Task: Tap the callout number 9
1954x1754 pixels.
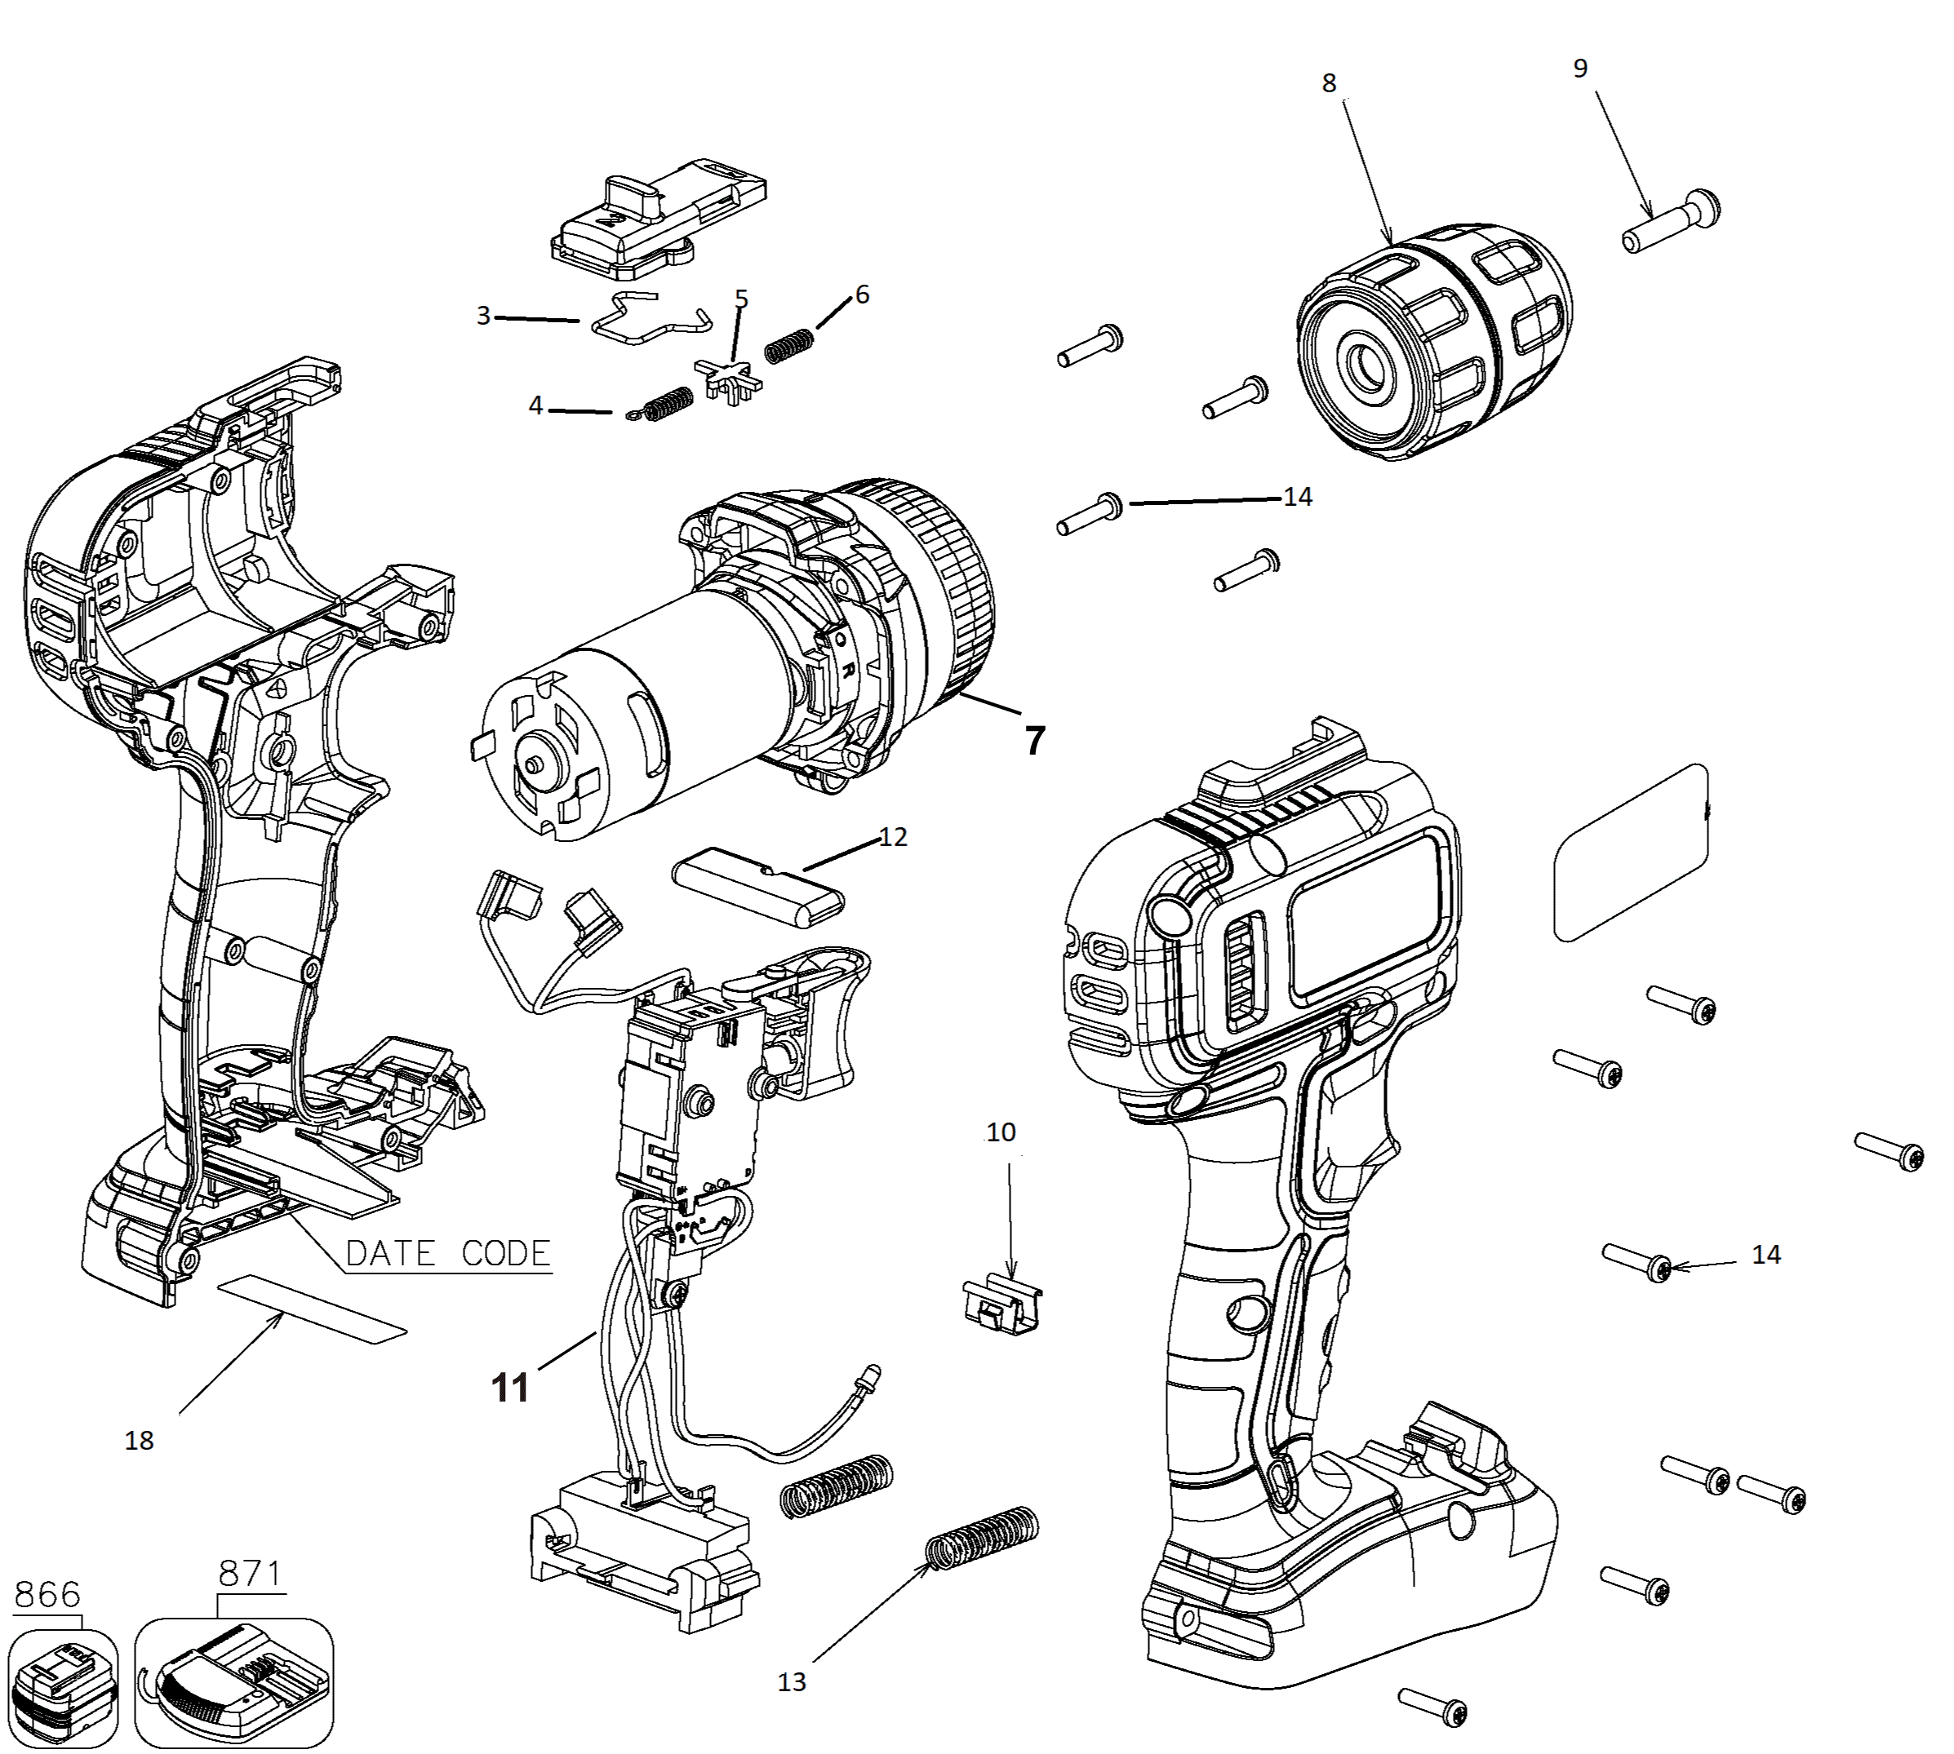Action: (x=1580, y=68)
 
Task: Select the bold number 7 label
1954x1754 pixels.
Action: (x=1034, y=740)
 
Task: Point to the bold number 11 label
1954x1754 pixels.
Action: (x=511, y=1388)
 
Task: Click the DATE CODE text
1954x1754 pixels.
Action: (x=448, y=1253)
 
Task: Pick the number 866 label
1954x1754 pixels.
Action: (x=47, y=1595)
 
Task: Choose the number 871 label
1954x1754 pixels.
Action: (x=250, y=1574)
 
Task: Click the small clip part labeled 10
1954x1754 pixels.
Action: (x=1002, y=1304)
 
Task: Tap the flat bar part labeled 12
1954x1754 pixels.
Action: (x=758, y=893)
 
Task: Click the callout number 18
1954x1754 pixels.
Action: (x=139, y=1441)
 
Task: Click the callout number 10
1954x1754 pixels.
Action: (x=1001, y=1132)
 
